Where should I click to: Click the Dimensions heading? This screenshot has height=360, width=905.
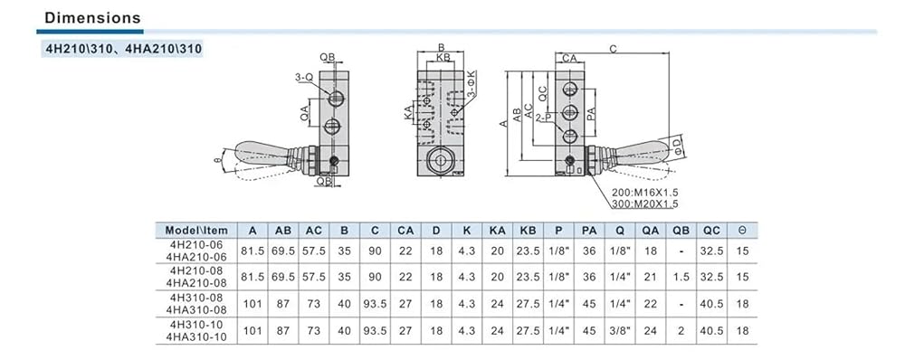pos(92,18)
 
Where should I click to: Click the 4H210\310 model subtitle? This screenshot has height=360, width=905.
pos(123,49)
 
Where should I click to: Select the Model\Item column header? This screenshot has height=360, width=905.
pos(196,230)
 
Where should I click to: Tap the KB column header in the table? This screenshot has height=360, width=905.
pos(528,230)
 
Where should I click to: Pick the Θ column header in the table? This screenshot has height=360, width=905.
pos(742,230)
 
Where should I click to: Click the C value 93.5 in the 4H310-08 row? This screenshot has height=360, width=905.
pos(376,303)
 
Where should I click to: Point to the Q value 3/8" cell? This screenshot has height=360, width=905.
pos(620,330)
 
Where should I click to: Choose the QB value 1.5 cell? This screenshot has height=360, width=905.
pos(681,277)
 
